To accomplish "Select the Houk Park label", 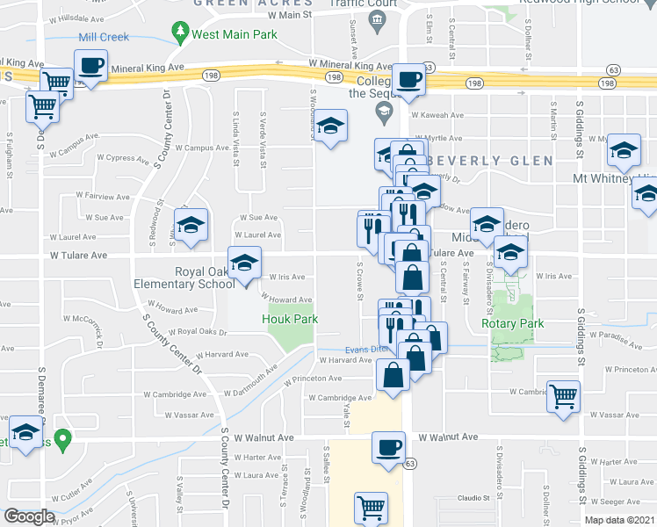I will (x=290, y=319).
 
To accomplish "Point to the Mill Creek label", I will (x=104, y=37).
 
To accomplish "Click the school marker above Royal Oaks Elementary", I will (x=245, y=262).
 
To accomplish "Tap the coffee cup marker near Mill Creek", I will (x=90, y=64).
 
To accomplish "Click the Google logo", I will (x=29, y=516).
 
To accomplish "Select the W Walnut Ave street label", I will (x=448, y=437).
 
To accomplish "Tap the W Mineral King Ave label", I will (x=350, y=66).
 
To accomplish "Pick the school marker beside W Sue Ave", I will (x=191, y=225).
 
